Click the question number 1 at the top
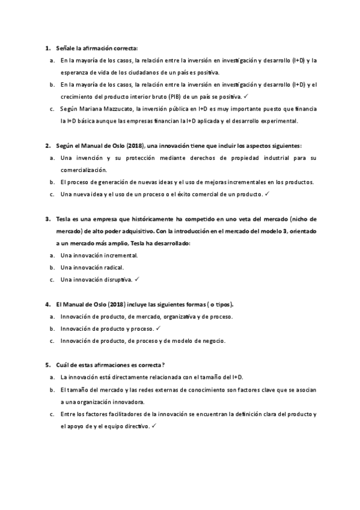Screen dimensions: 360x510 47,48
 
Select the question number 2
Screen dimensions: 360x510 47,146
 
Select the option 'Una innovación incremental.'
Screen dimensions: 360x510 99,256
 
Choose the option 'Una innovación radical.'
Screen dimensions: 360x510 92,268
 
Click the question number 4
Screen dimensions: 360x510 47,304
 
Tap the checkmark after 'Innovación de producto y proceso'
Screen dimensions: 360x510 157,328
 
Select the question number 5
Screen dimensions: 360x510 47,365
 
